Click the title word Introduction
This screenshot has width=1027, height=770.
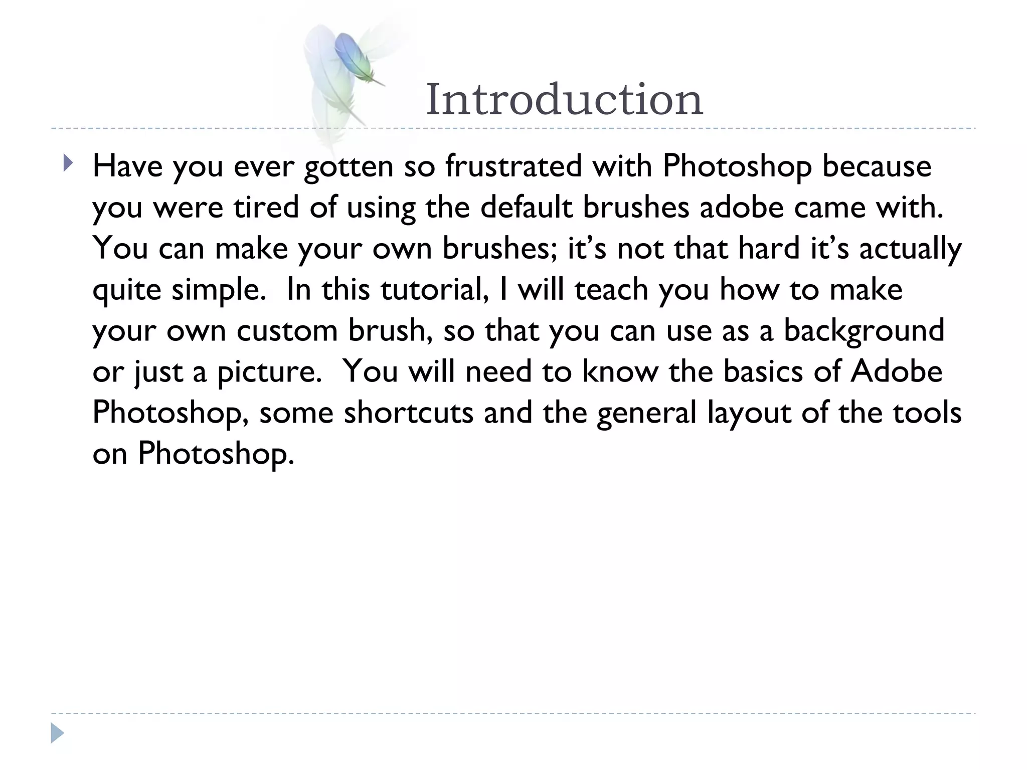click(x=564, y=100)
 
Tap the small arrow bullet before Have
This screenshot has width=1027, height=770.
click(x=68, y=163)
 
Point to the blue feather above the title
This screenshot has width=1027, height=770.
click(x=355, y=57)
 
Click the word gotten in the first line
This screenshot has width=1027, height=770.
click(x=349, y=167)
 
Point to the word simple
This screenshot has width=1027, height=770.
click(x=219, y=290)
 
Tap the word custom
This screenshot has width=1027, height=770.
click(x=287, y=331)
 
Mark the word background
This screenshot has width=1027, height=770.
click(x=864, y=331)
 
